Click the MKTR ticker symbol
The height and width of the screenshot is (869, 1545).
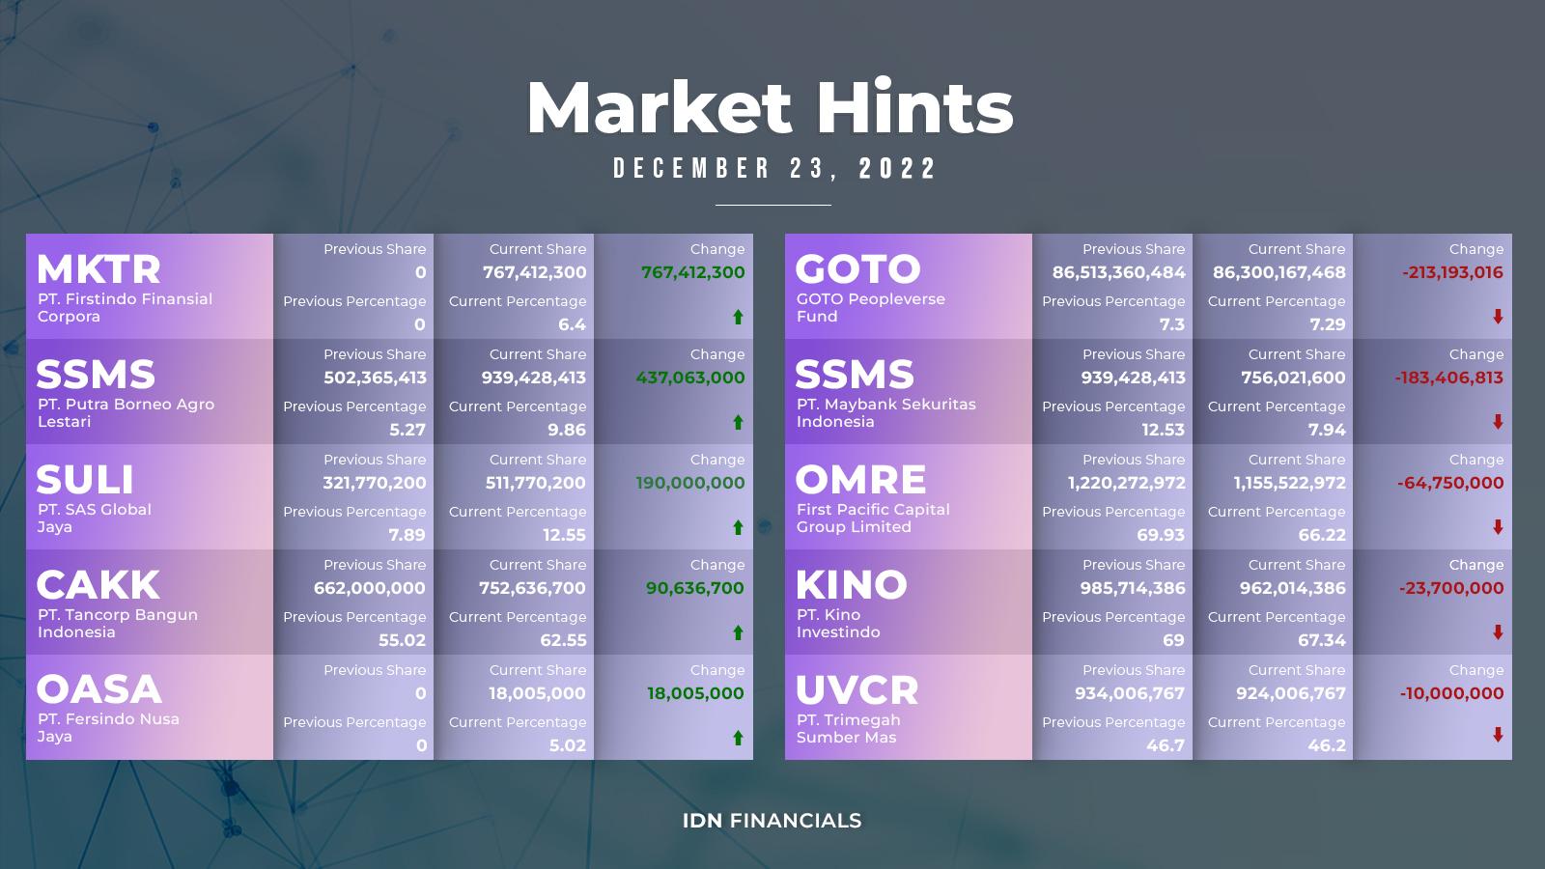coord(98,269)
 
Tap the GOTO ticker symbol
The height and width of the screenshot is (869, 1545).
coord(857,269)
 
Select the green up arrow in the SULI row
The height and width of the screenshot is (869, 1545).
coord(738,527)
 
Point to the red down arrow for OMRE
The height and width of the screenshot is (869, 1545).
coord(1498,527)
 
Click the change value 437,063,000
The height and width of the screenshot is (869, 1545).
coord(690,378)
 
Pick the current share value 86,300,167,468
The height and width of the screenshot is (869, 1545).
coord(1278,272)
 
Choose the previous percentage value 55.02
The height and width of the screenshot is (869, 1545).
coord(402,640)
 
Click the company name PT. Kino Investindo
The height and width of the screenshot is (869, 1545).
coord(838,624)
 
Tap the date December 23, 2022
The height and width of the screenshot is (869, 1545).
coord(773,169)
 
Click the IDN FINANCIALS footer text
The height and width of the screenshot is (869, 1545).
coord(772,821)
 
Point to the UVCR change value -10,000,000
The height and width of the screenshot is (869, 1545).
coord(1451,694)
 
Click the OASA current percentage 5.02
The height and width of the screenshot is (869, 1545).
coord(568,745)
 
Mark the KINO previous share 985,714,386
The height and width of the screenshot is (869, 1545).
coord(1133,588)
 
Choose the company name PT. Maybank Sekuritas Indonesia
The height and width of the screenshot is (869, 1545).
coord(885,413)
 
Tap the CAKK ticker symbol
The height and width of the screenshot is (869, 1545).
coord(98,585)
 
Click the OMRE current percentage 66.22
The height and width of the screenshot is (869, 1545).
coord(1322,535)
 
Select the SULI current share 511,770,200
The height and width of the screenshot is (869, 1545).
coord(535,483)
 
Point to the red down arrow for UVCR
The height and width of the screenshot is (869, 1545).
coord(1498,735)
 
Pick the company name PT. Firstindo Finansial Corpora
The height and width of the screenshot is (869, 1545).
coord(125,308)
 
